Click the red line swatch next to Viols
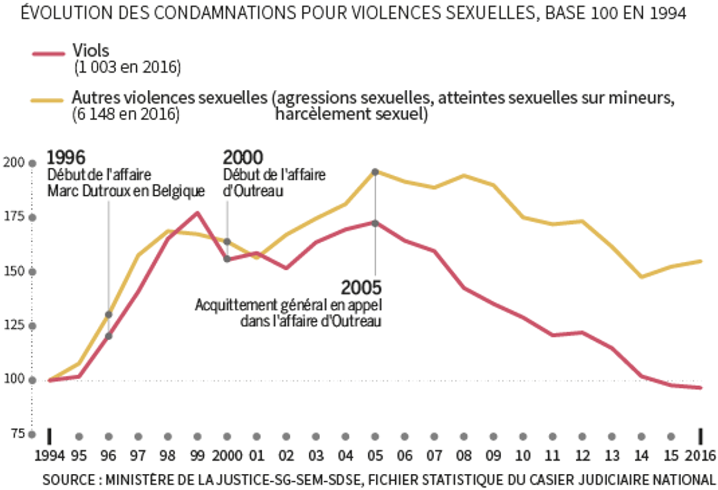point(49,54)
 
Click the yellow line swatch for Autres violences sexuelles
point(49,100)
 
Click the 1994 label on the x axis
point(49,455)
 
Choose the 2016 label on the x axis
point(700,455)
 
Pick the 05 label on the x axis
point(375,455)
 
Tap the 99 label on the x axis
point(197,455)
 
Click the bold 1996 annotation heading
point(66,157)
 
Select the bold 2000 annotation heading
point(243,157)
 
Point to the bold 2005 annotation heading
point(361,287)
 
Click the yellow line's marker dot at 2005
point(375,172)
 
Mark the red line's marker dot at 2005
point(375,223)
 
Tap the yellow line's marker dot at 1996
point(109,314)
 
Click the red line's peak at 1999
point(197,213)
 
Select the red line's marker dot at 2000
point(227,259)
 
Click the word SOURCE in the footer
point(67,480)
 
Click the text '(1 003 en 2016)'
point(127,68)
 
